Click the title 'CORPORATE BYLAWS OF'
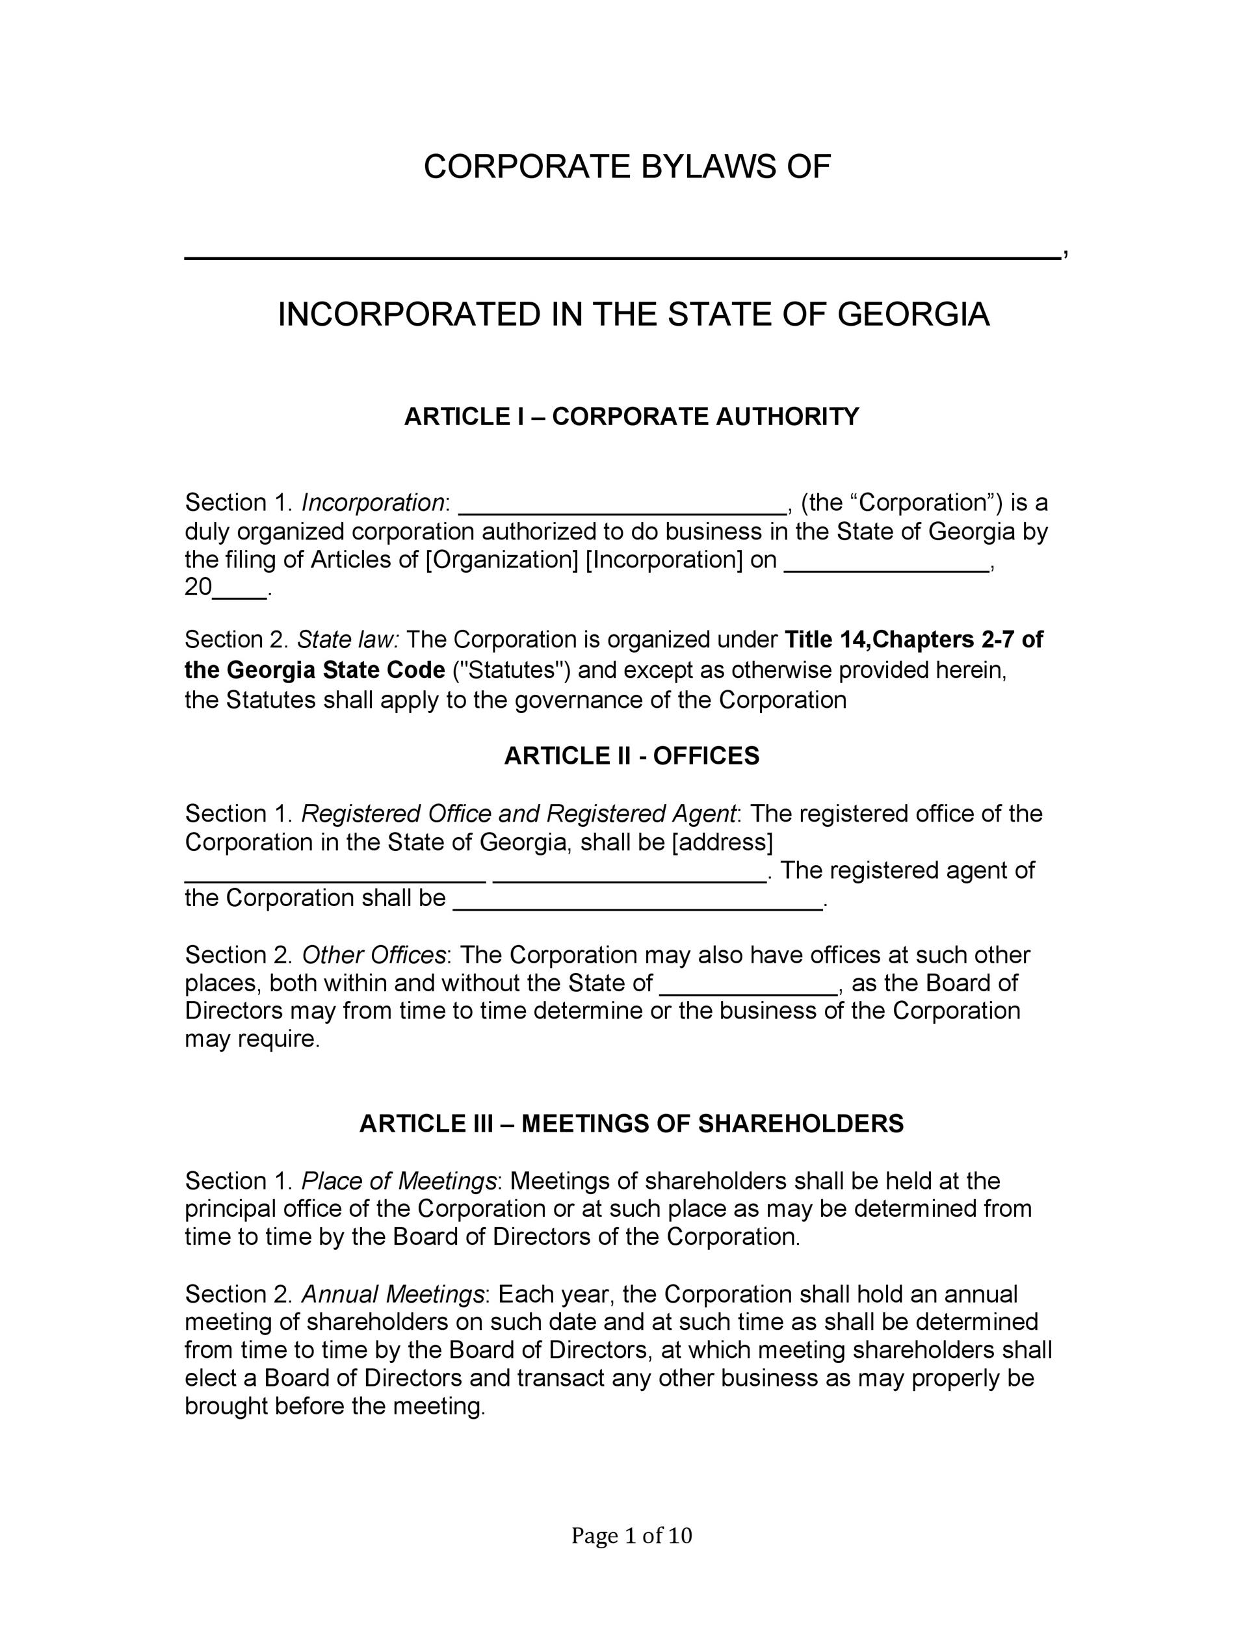(x=627, y=166)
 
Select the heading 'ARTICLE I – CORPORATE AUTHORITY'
(x=631, y=417)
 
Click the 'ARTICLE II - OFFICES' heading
(x=632, y=756)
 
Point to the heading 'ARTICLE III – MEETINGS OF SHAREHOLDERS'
(x=631, y=1123)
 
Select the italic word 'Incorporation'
(x=372, y=503)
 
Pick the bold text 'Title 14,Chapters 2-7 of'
(x=914, y=640)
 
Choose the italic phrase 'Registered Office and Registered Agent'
(x=519, y=814)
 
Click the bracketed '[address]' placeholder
(x=722, y=842)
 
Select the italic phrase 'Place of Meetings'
(x=399, y=1182)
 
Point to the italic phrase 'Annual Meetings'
(x=393, y=1295)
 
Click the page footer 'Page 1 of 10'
(x=631, y=1536)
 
